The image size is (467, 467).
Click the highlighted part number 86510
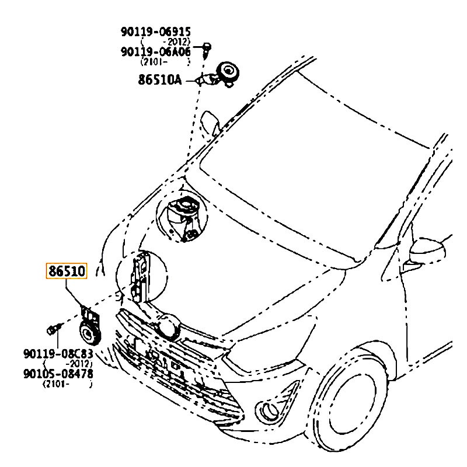coord(67,271)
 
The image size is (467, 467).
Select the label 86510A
coord(160,79)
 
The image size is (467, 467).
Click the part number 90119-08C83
coord(58,354)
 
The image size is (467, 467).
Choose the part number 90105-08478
coord(58,373)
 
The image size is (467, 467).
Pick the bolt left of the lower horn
coord(53,329)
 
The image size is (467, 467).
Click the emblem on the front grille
coord(170,327)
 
